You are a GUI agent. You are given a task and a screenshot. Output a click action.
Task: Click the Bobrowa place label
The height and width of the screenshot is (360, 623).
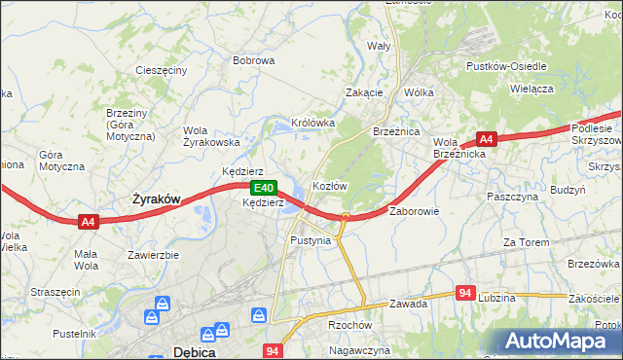[253, 60]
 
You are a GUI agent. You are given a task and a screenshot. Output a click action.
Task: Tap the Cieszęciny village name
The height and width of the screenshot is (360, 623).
[162, 71]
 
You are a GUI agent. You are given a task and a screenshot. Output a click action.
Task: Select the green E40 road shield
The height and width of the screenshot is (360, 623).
[261, 188]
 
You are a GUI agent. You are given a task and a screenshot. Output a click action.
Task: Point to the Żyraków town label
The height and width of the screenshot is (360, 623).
[156, 198]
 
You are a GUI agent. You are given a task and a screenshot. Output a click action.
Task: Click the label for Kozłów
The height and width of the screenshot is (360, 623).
[329, 185]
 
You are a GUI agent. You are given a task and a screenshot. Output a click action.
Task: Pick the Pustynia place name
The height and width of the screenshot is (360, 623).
[311, 239]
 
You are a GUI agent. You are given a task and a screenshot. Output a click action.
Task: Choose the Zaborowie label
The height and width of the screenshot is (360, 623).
[416, 210]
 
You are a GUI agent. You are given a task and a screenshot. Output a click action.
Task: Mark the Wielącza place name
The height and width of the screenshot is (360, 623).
[531, 88]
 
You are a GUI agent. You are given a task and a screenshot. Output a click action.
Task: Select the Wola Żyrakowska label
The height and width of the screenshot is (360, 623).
[211, 136]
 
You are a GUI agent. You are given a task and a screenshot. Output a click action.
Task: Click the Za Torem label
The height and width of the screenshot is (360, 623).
[523, 242]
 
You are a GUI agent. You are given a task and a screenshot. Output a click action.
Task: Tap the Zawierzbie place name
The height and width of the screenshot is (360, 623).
[154, 255]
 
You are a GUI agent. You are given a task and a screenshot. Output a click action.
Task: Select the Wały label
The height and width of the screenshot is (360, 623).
[378, 46]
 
